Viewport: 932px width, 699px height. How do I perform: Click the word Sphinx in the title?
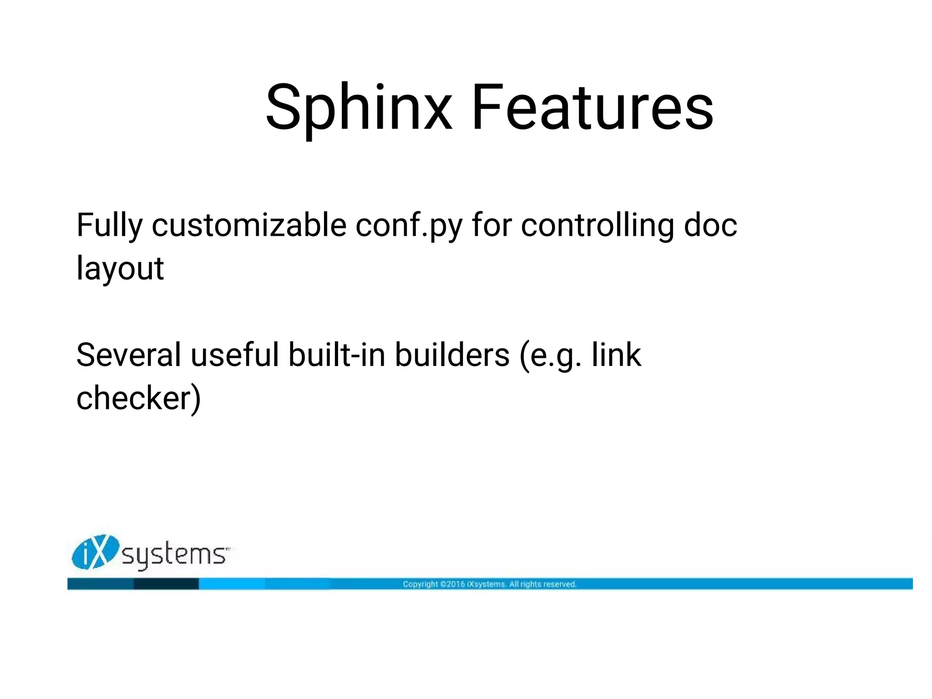click(x=359, y=108)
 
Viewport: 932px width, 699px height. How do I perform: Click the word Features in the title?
click(x=592, y=108)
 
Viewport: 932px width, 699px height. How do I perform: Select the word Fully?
click(x=109, y=226)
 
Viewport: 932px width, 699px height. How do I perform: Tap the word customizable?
click(x=248, y=226)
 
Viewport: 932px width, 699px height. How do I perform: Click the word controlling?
click(x=597, y=226)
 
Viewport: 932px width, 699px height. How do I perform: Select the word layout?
click(x=120, y=269)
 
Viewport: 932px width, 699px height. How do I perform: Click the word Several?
click(x=128, y=355)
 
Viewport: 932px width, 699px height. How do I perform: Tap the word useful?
click(x=234, y=355)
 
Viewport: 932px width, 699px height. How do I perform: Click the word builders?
click(x=452, y=355)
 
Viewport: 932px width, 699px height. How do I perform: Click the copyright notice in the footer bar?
click(x=490, y=584)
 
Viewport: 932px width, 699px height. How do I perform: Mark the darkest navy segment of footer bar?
click(x=166, y=584)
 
